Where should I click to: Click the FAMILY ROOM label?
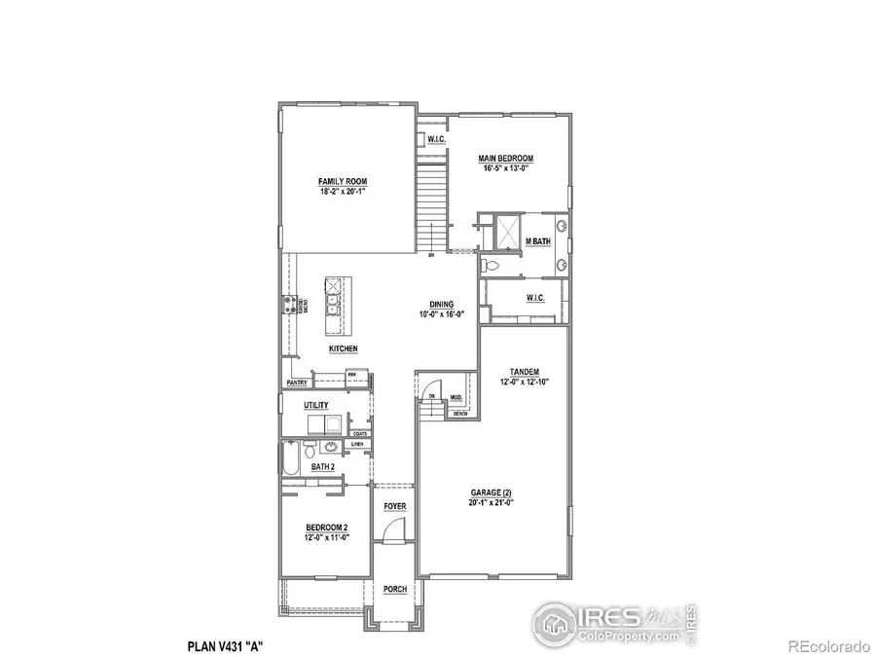[343, 182]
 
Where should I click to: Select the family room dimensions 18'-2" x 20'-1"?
[343, 192]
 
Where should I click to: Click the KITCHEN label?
[343, 348]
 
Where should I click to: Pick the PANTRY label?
[296, 383]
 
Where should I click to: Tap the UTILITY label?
[316, 405]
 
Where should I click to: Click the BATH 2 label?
[323, 467]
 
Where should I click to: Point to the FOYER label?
[394, 507]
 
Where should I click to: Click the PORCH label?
[394, 589]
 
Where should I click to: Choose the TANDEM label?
[525, 371]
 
